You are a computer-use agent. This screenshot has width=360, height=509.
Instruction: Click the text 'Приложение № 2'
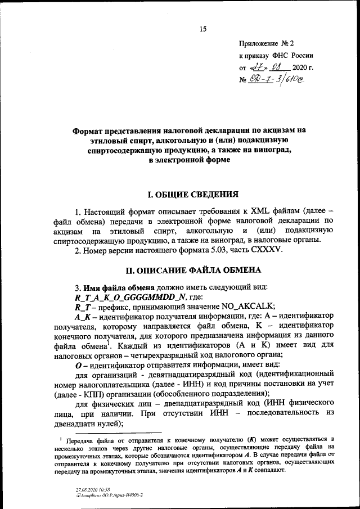[267, 43]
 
